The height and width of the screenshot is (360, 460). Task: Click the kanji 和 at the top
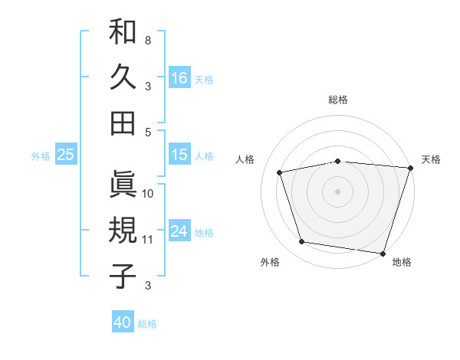pyautogui.click(x=123, y=32)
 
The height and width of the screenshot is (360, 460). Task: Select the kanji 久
pyautogui.click(x=123, y=77)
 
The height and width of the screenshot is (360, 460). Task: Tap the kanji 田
pyautogui.click(x=123, y=123)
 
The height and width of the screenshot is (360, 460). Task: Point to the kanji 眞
pyautogui.click(x=123, y=184)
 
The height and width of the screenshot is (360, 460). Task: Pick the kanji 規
pyautogui.click(x=123, y=230)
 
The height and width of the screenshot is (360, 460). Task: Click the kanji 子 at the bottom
pyautogui.click(x=123, y=276)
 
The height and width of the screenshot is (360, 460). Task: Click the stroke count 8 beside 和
pyautogui.click(x=147, y=40)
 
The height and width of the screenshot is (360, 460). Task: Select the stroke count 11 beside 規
pyautogui.click(x=147, y=240)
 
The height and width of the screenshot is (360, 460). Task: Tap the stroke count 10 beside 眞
pyautogui.click(x=147, y=193)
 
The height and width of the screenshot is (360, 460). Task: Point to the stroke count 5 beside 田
pyautogui.click(x=147, y=132)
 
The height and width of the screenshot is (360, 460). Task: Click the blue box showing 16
pyautogui.click(x=179, y=77)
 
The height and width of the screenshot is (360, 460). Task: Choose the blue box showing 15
pyautogui.click(x=179, y=155)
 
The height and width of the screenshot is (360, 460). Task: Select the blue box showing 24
pyautogui.click(x=179, y=231)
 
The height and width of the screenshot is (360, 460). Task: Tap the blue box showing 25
pyautogui.click(x=65, y=155)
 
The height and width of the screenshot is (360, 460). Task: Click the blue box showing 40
pyautogui.click(x=123, y=322)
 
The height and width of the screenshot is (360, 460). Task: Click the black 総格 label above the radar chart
pyautogui.click(x=337, y=100)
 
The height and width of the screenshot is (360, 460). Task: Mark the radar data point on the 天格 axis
pyautogui.click(x=410, y=168)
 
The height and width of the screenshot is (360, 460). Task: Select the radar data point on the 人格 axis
pyautogui.click(x=280, y=172)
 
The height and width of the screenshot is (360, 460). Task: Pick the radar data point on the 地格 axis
pyautogui.click(x=383, y=253)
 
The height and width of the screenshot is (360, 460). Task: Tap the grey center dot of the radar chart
pyautogui.click(x=337, y=191)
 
